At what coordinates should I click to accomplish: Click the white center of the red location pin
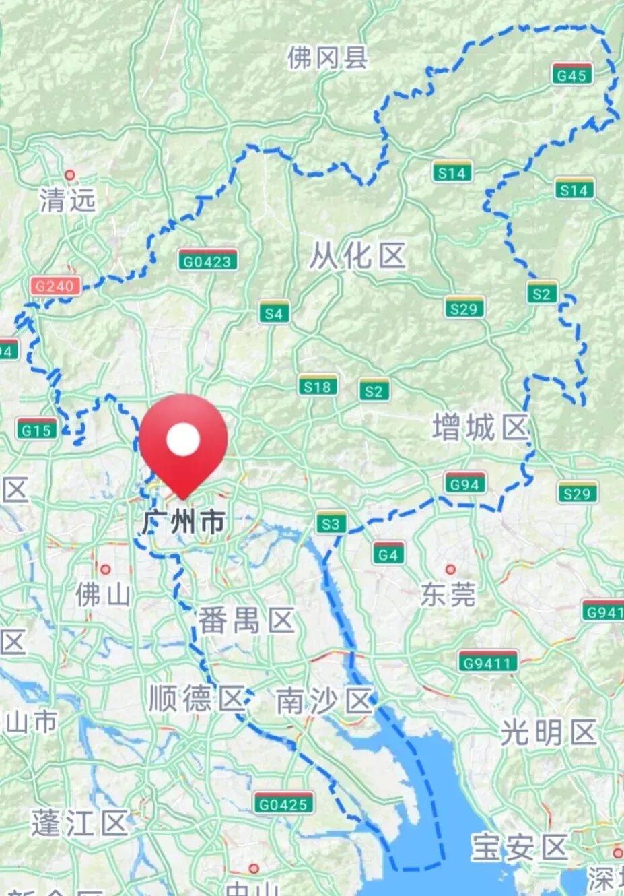coord(184,440)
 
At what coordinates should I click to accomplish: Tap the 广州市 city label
coord(184,522)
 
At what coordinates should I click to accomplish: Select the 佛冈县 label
coord(327,58)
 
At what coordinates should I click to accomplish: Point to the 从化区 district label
coord(357,257)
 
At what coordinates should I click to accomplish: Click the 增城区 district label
coord(480,428)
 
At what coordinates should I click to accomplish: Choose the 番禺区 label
coord(246,620)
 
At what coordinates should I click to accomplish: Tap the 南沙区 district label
coord(324,702)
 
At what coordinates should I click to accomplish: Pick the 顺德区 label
coord(196,699)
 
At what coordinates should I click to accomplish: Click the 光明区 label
coord(549,732)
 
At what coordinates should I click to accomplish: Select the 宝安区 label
coord(520,847)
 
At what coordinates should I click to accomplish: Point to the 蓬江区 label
coord(79,823)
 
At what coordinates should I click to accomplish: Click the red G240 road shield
coord(55,286)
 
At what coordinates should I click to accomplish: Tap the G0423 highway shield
coord(208,261)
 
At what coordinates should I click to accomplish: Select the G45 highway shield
coord(571,75)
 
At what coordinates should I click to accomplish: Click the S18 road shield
coord(317,386)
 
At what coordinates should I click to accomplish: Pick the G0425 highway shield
coord(283,803)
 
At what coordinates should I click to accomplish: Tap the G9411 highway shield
coord(488,663)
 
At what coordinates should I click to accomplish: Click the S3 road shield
coord(331,523)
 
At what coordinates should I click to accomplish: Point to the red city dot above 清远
coord(69,175)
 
